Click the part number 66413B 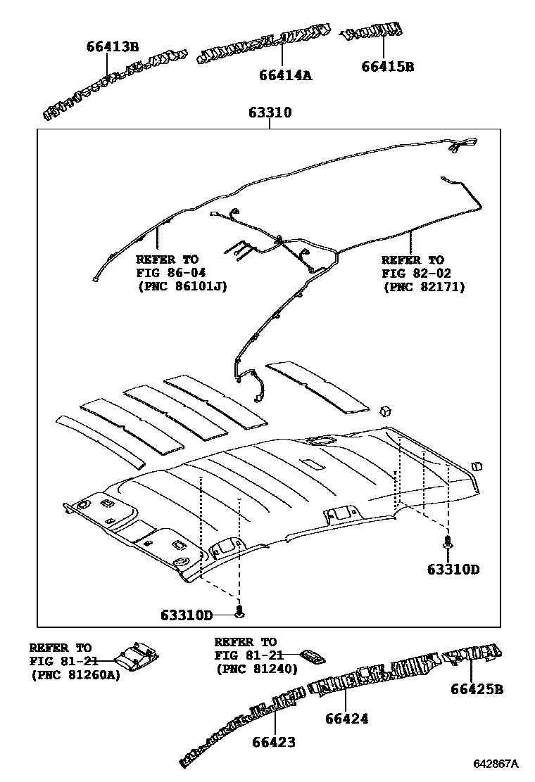113,47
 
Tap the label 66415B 387,67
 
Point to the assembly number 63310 270,113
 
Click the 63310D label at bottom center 186,614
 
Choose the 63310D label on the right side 453,569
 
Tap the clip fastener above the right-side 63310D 447,542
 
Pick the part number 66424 347,718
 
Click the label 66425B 477,689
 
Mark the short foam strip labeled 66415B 372,32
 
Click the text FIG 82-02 417,274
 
